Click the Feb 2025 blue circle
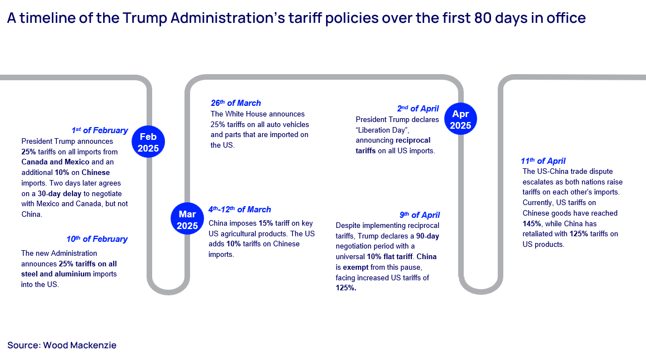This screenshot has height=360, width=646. coord(149,142)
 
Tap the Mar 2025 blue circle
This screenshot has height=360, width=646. coord(188,220)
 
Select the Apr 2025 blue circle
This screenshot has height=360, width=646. coord(460,119)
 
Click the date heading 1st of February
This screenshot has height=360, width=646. coord(100,130)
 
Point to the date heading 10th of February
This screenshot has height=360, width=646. coord(97,239)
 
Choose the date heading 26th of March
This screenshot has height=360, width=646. coord(236,103)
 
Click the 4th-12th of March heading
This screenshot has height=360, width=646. coord(240,210)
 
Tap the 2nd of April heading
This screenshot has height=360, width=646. coord(418,109)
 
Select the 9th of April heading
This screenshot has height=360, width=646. coord(420,215)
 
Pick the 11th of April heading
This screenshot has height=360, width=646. coord(543,161)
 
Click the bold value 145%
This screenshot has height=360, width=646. coord(532,223)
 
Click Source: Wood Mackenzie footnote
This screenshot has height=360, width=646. coord(62,346)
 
